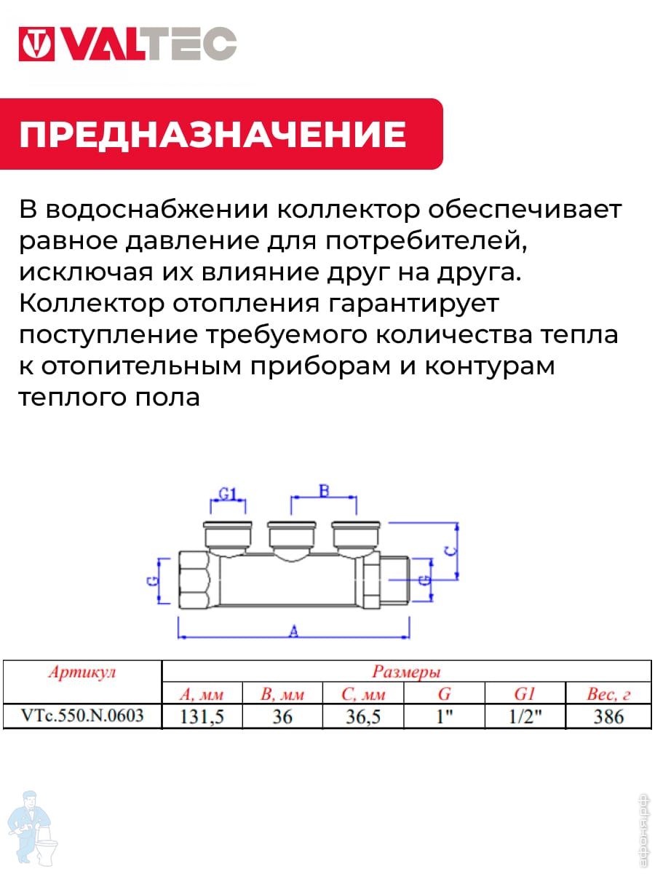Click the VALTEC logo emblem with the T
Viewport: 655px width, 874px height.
[36, 44]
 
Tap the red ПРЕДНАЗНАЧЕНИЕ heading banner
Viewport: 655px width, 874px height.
[221, 134]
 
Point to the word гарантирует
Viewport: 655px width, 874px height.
[413, 304]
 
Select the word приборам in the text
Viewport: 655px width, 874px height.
[320, 367]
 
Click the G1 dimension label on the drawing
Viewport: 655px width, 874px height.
[228, 494]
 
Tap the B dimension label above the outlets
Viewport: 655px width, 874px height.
[324, 491]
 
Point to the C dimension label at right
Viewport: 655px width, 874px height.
[450, 551]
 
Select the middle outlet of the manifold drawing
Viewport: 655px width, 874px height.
[292, 540]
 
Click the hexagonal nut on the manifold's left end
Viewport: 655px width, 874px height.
[194, 579]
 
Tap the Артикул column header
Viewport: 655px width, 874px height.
[82, 672]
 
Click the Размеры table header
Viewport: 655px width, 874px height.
[406, 672]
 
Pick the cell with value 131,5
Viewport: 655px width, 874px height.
[202, 717]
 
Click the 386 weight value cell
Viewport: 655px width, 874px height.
[608, 717]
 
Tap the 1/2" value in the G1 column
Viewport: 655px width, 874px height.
[525, 717]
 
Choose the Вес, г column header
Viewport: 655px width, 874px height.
[608, 694]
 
